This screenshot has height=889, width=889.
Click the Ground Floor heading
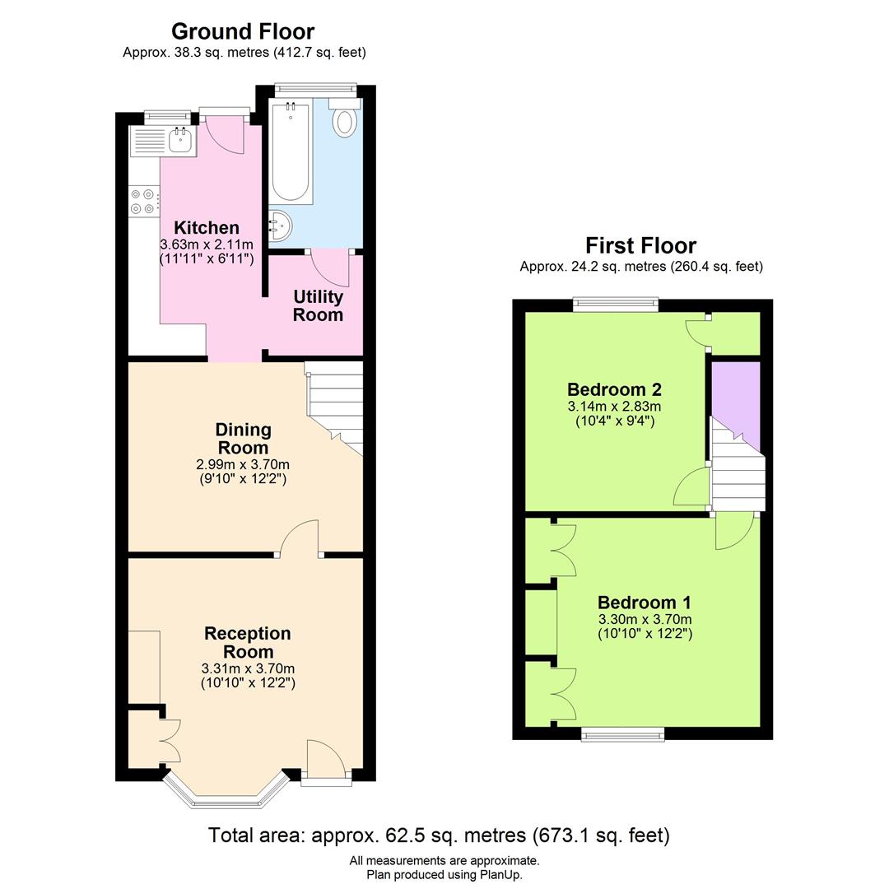tap(243, 31)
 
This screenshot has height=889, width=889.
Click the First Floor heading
tap(640, 245)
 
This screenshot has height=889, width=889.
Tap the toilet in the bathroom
tap(344, 121)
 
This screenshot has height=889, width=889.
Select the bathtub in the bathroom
tap(291, 152)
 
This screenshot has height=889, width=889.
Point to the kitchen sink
tap(179, 141)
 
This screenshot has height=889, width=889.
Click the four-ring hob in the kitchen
tap(142, 201)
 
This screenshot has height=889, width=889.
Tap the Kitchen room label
tap(206, 227)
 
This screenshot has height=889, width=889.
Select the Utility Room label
tap(318, 305)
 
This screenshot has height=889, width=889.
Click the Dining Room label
tap(243, 438)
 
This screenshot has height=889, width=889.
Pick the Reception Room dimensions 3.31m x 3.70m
tap(248, 668)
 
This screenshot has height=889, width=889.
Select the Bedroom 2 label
tap(614, 389)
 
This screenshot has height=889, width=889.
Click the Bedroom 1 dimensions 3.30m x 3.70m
tap(645, 619)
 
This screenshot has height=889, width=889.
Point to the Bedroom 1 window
tap(623, 733)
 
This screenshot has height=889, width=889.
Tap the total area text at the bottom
tap(439, 835)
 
